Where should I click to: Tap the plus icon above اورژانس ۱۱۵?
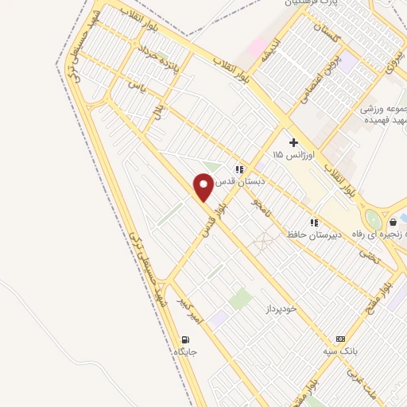point(293,142)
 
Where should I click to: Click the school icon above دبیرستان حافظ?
point(314,223)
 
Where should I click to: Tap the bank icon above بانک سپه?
point(341,338)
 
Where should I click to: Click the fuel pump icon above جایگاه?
point(183,339)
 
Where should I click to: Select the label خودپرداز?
point(281,307)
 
